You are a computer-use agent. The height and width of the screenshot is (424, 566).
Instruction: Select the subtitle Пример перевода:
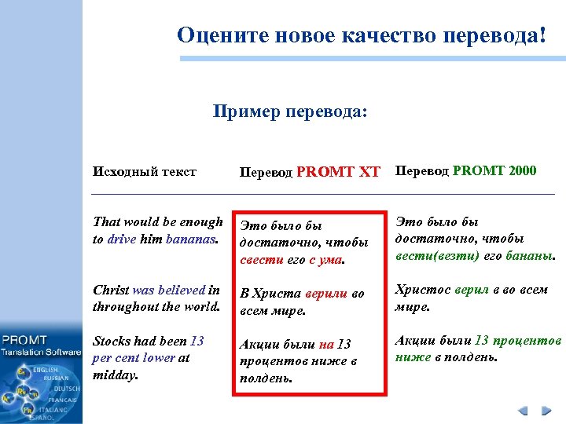pos(289,112)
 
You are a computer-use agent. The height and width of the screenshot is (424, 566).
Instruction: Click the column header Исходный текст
pos(145,171)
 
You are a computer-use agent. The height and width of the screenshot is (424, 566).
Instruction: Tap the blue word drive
pos(122,239)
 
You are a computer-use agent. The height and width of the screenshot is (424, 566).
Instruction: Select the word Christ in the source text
pos(111,291)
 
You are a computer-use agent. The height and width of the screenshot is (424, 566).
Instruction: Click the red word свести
pos(255,259)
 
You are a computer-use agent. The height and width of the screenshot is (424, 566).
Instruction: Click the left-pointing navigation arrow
pos(524,411)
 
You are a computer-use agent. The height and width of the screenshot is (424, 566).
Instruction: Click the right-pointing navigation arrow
pos(546,411)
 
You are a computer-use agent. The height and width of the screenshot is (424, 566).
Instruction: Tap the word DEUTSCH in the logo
pos(66,389)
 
